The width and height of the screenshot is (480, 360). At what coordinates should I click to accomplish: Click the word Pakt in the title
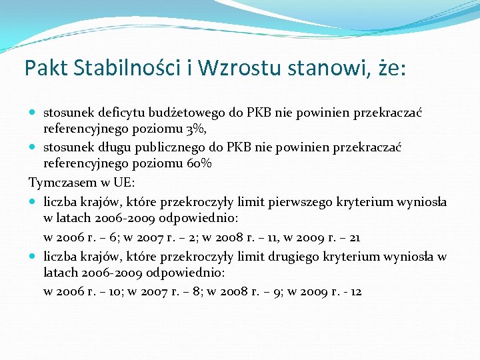[43, 68]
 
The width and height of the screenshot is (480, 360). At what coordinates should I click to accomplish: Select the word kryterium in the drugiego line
[347, 256]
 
